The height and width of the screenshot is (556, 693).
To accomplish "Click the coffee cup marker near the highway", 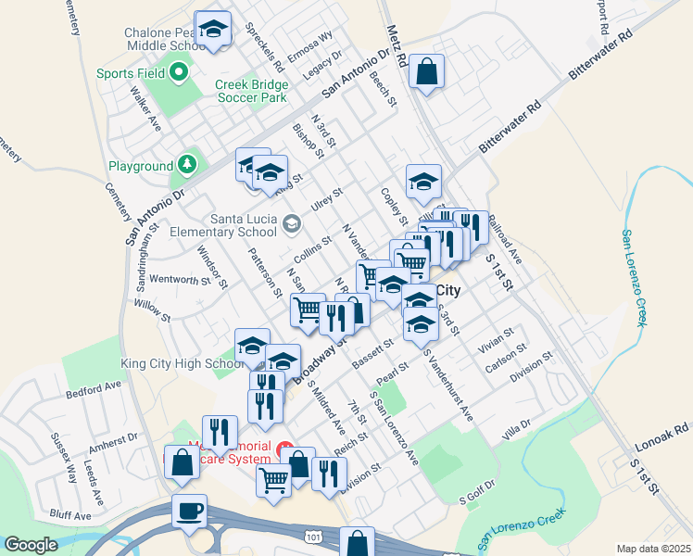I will (x=189, y=511).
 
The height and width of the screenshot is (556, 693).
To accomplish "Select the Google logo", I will (x=31, y=545).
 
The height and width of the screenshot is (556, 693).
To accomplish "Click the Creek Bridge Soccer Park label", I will (x=252, y=91).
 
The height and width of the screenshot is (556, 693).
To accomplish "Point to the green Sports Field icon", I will (x=179, y=72).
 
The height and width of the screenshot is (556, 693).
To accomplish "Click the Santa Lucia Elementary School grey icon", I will (x=292, y=222).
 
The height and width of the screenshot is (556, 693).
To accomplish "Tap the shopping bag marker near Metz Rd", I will (x=427, y=71).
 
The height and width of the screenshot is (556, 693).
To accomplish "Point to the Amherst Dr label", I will (x=118, y=440).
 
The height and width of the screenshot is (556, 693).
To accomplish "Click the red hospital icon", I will (x=284, y=446).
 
